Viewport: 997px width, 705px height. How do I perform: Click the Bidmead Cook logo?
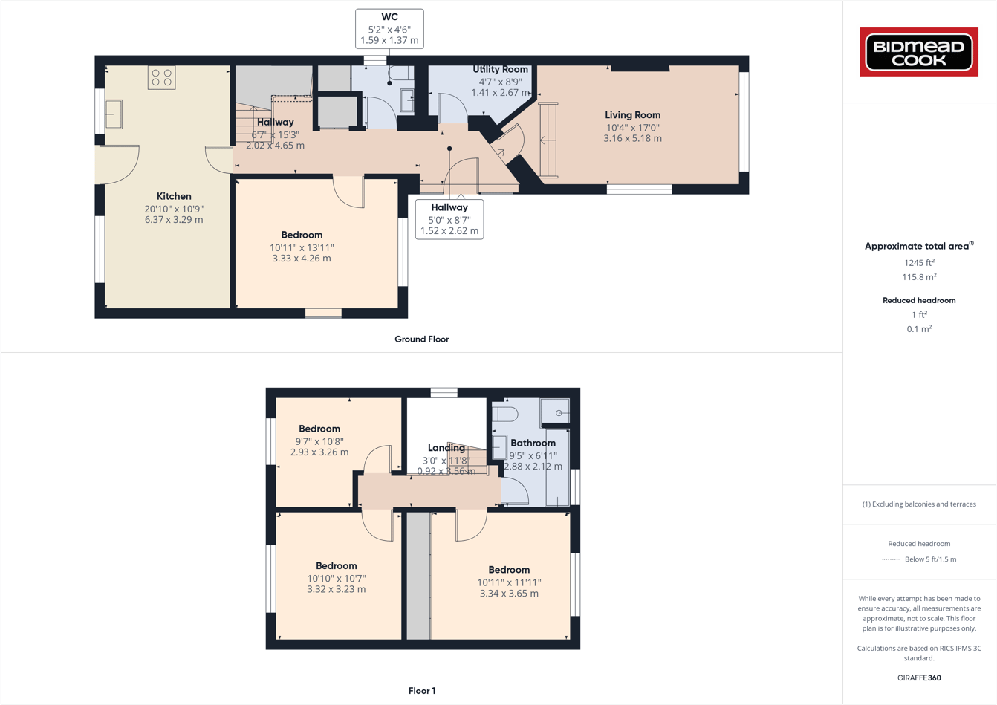[919, 52]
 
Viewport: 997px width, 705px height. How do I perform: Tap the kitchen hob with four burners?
[161, 78]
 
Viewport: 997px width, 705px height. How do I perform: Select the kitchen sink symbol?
[114, 114]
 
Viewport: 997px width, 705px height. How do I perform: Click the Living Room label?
[632, 115]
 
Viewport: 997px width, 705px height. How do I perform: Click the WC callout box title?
[389, 17]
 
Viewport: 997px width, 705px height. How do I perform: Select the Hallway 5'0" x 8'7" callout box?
[449, 219]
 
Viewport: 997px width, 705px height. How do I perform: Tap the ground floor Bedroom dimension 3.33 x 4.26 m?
[302, 259]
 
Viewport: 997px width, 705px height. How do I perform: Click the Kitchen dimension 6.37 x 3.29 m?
[174, 220]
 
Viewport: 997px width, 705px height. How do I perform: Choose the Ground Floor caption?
[421, 339]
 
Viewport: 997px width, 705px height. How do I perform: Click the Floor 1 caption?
[421, 691]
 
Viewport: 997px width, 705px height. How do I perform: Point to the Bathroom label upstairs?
[533, 443]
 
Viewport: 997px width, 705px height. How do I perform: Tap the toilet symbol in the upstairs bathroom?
[506, 413]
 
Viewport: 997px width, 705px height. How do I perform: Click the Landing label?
[446, 448]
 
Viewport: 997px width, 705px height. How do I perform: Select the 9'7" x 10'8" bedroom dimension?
[319, 441]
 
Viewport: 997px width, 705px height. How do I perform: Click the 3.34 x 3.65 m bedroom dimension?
[509, 594]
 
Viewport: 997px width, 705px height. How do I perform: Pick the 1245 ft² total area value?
[919, 262]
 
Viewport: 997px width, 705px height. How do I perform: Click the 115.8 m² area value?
[919, 277]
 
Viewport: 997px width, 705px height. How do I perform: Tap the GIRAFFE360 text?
[919, 678]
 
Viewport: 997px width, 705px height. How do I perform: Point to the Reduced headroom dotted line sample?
[890, 559]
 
